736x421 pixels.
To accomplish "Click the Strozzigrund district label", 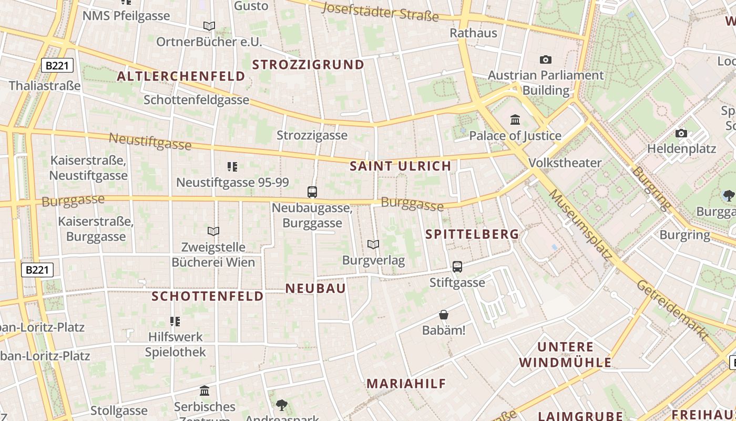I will pos(308,65).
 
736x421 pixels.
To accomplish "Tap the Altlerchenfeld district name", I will pos(181,76).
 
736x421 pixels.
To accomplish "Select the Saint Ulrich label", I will pos(401,166).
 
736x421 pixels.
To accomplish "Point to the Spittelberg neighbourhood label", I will pos(472,234).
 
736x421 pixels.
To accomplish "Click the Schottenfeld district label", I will pos(208,296).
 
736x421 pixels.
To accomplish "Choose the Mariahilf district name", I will pos(406,384).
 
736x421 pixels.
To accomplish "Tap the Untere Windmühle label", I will pos(565,355).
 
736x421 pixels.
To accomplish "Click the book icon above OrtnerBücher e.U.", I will pos(209,26).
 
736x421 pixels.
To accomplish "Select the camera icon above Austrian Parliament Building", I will pos(546,59).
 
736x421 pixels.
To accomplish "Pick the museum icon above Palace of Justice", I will pos(515,120).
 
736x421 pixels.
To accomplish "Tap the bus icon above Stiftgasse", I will pos(457,267).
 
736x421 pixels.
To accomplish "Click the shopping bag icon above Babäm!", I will pos(444,315).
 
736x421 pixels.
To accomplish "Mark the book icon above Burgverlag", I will pos(373,244).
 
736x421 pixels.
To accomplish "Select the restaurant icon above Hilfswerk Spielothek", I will pos(175,321).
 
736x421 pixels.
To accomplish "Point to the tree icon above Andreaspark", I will pos(282,405).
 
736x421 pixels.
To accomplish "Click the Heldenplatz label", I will pos(681,148).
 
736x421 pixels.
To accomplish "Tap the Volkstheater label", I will pos(565,163).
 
